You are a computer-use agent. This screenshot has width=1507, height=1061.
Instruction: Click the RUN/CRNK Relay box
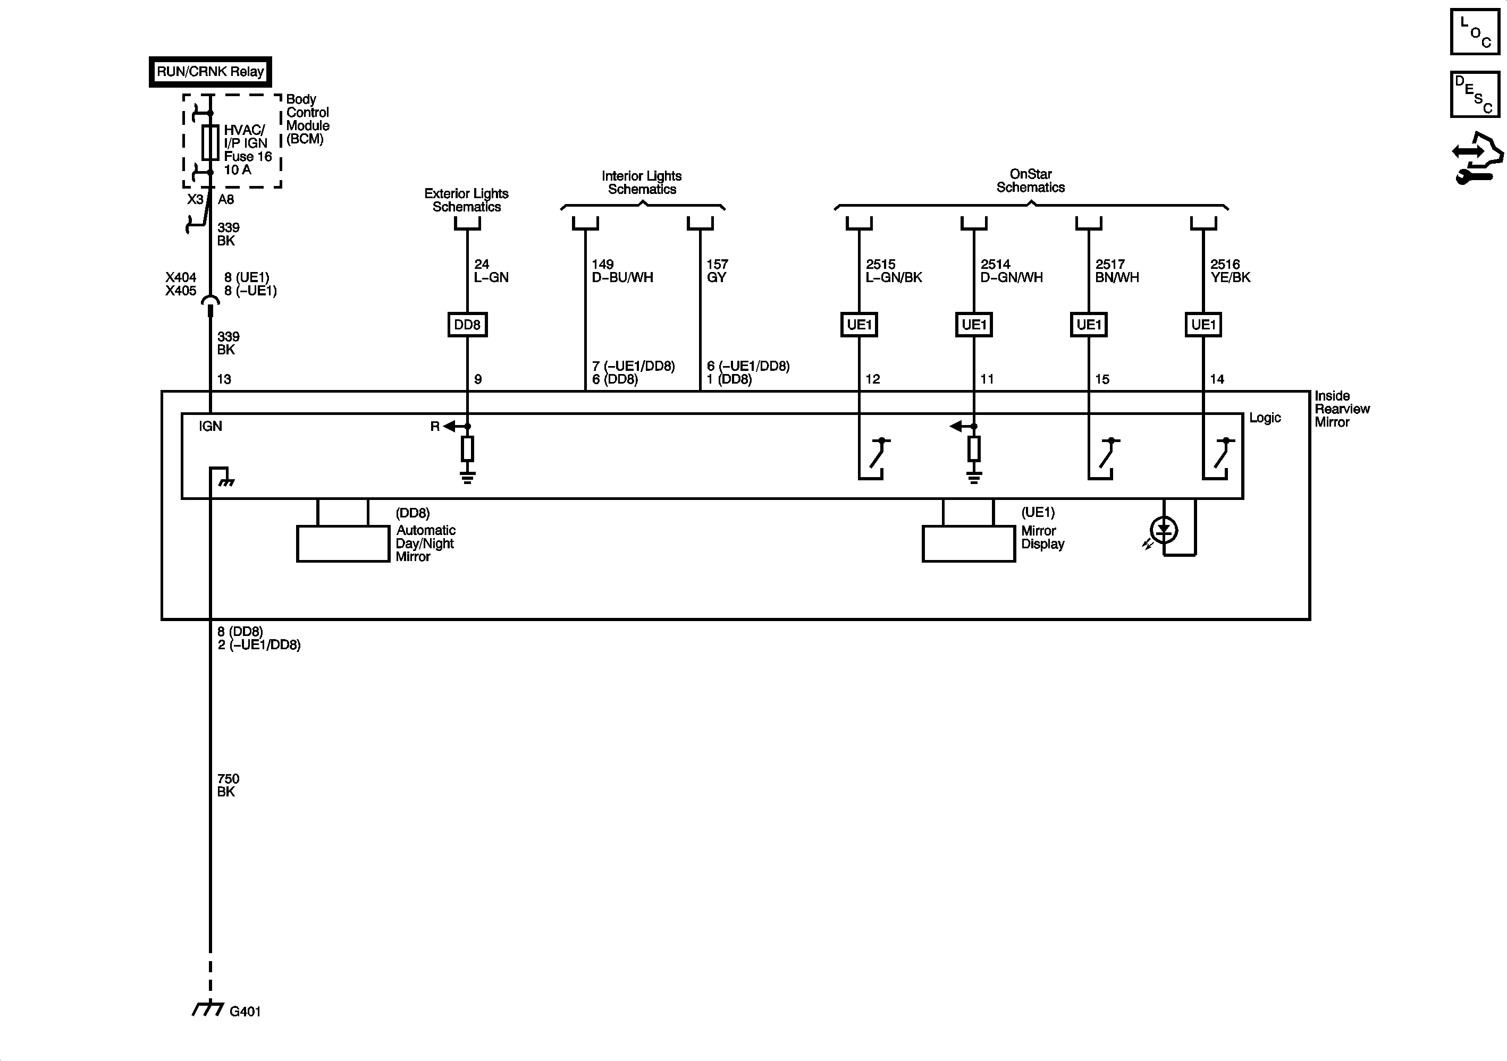[x=210, y=72]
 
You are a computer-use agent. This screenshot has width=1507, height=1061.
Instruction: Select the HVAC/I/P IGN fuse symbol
[x=210, y=142]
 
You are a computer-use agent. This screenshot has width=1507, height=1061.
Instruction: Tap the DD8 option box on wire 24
[x=467, y=325]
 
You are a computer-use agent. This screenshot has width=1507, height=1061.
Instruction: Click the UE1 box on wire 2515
[x=858, y=325]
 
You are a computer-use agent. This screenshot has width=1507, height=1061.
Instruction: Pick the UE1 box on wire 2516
[x=1203, y=325]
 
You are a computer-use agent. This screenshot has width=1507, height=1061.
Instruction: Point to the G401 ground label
[x=245, y=1012]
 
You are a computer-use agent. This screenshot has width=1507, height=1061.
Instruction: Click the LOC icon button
[x=1475, y=31]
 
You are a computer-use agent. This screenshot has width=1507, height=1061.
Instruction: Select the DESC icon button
[x=1475, y=95]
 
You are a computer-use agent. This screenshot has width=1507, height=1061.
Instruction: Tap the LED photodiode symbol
[x=1164, y=530]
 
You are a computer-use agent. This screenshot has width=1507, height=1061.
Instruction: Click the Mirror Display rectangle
[x=968, y=544]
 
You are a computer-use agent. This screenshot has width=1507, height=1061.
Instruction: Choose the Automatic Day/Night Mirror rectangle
[x=343, y=544]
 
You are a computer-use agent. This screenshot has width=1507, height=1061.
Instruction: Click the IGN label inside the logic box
[x=211, y=427]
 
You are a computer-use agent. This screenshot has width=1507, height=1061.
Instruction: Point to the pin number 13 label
[x=224, y=379]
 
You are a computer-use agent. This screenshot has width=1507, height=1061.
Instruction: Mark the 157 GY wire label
[x=717, y=271]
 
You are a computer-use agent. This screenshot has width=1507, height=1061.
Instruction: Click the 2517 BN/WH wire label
[x=1116, y=271]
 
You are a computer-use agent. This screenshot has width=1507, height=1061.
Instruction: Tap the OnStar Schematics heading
[x=1031, y=181]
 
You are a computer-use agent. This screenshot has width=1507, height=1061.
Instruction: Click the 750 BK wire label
[x=228, y=785]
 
